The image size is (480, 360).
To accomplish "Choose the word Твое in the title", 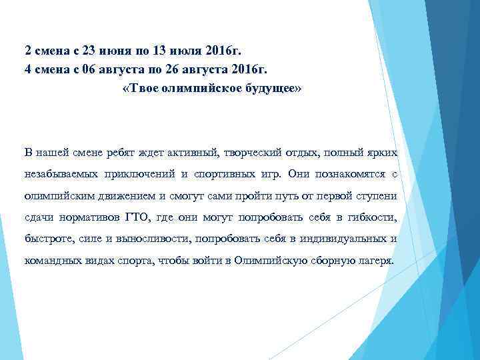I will (142, 89).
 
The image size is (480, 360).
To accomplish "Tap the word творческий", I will (254, 153).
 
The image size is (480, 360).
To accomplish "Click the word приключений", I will (137, 174).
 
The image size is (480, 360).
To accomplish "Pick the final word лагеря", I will (374, 261).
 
